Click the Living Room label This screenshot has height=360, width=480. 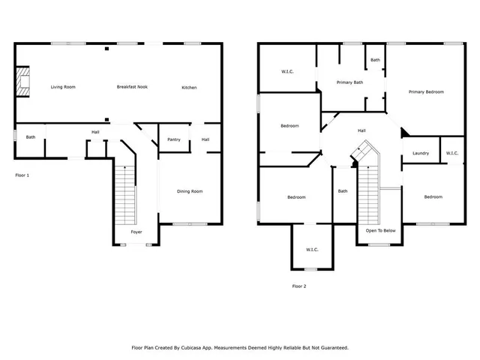[x=63, y=87]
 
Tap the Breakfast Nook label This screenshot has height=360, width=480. [x=132, y=87]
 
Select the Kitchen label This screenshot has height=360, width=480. [x=189, y=88]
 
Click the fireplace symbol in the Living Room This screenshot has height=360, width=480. [x=24, y=82]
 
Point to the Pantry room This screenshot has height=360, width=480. [x=173, y=139]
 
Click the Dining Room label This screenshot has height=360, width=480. [x=190, y=191]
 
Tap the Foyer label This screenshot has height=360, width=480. [x=136, y=232]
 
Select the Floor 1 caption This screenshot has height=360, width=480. [x=22, y=175]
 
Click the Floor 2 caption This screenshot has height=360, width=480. [x=298, y=286]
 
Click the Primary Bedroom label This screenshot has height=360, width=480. [x=426, y=91]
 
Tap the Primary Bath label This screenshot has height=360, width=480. [x=349, y=82]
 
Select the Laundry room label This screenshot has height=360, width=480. [x=421, y=154]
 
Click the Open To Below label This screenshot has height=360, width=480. [x=380, y=230]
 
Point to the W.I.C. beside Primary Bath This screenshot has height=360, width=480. [x=287, y=71]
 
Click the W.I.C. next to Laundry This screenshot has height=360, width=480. [x=451, y=153]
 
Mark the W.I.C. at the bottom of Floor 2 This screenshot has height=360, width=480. [x=312, y=250]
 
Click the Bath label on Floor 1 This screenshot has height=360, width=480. [x=31, y=136]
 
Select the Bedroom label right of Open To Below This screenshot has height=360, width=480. [x=433, y=196]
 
